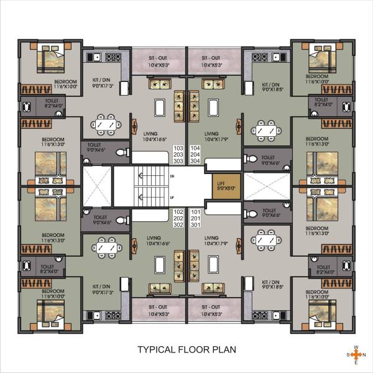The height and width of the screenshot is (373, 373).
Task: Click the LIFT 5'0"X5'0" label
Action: (x=221, y=185)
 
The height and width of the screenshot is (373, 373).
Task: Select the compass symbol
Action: (x=355, y=355)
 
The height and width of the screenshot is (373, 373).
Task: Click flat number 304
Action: (x=195, y=161)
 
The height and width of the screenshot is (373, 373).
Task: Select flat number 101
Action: (x=195, y=211)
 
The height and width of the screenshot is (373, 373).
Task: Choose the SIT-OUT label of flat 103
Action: (x=158, y=61)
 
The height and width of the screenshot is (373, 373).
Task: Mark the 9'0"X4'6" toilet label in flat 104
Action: (x=268, y=161)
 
